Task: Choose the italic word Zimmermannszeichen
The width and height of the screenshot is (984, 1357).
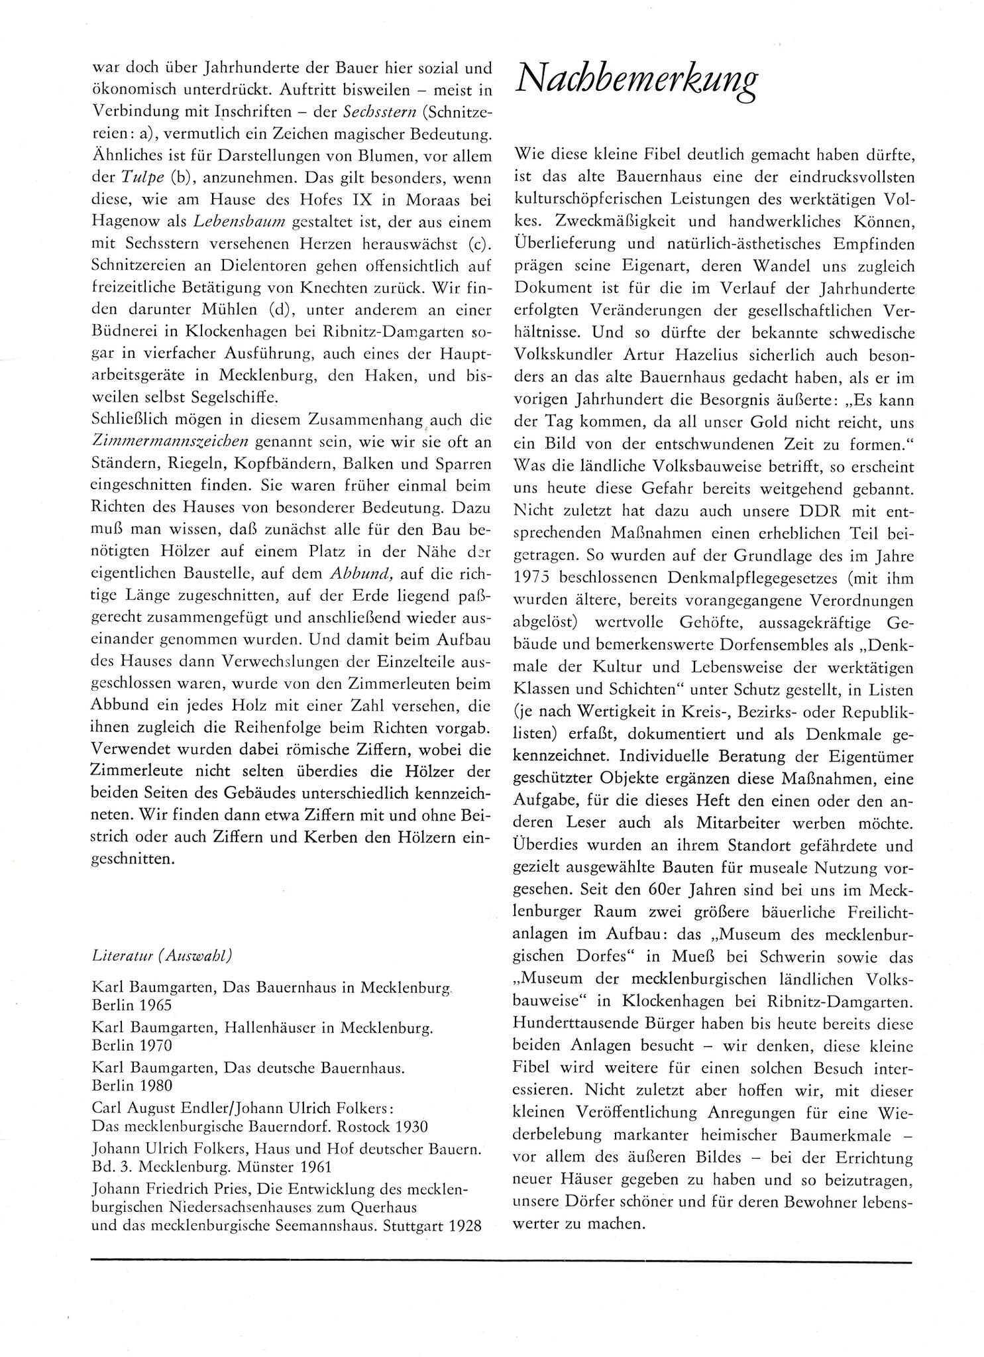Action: coord(170,441)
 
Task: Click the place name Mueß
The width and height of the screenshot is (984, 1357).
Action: coord(727,957)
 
